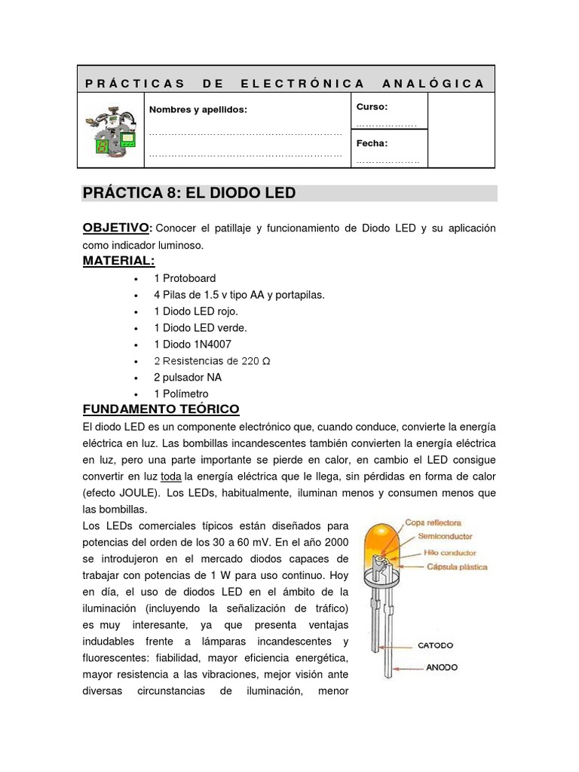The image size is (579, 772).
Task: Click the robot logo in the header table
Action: (111, 130)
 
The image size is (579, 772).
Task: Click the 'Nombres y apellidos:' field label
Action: (198, 110)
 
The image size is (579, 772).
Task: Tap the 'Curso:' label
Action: (372, 107)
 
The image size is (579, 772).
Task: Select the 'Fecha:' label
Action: (372, 143)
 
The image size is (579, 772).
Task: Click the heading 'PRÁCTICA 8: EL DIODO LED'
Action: (189, 194)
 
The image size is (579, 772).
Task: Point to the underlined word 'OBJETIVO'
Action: (116, 228)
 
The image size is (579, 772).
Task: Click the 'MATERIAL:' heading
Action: (118, 261)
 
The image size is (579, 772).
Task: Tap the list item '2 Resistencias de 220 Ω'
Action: (212, 360)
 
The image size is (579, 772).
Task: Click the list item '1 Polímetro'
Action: (181, 394)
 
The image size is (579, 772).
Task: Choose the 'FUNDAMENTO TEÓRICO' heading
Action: (161, 409)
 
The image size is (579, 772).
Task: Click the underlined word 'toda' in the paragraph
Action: (172, 476)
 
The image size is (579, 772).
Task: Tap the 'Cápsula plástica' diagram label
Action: (457, 566)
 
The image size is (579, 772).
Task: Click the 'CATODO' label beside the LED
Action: (437, 645)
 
